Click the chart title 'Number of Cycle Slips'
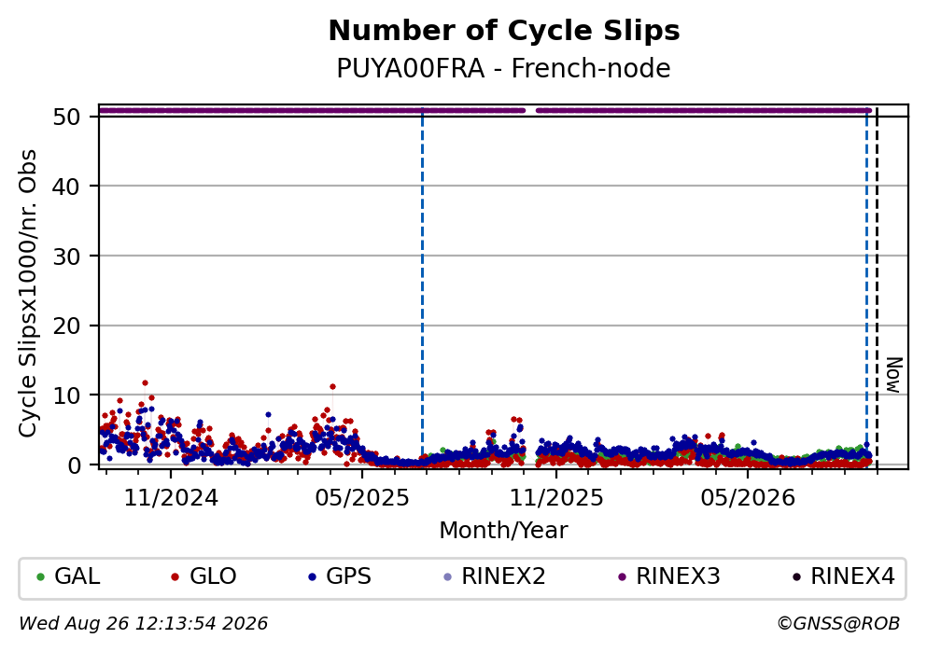point(504,31)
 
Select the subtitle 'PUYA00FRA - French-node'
point(504,68)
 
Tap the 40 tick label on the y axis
point(66,187)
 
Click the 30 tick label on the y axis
point(66,257)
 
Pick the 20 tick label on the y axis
point(66,326)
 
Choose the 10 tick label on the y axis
point(66,395)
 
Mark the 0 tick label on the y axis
point(74,465)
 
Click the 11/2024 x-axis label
point(171,498)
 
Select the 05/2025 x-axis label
point(362,498)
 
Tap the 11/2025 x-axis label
point(556,498)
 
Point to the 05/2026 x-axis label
point(748,498)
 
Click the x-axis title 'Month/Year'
point(504,531)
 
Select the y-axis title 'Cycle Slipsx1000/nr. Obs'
point(27,294)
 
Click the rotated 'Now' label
point(893,375)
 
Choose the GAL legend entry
point(68,576)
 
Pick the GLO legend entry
point(204,576)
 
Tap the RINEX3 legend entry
point(669,576)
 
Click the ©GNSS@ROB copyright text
point(838,624)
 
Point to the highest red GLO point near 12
point(145,383)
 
